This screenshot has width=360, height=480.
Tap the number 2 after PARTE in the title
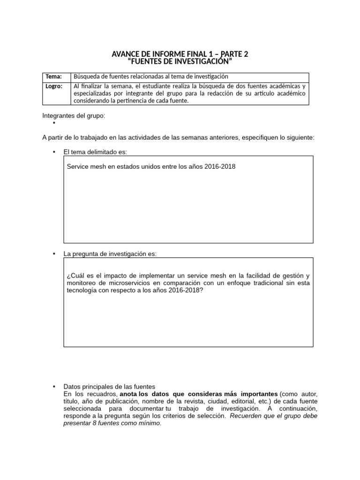[246, 54]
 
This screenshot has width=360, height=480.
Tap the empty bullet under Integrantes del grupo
[54, 123]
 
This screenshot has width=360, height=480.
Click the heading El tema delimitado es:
[95, 152]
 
